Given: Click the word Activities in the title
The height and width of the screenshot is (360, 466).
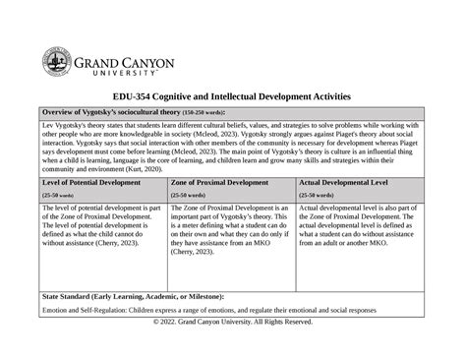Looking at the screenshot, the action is [324, 98].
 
